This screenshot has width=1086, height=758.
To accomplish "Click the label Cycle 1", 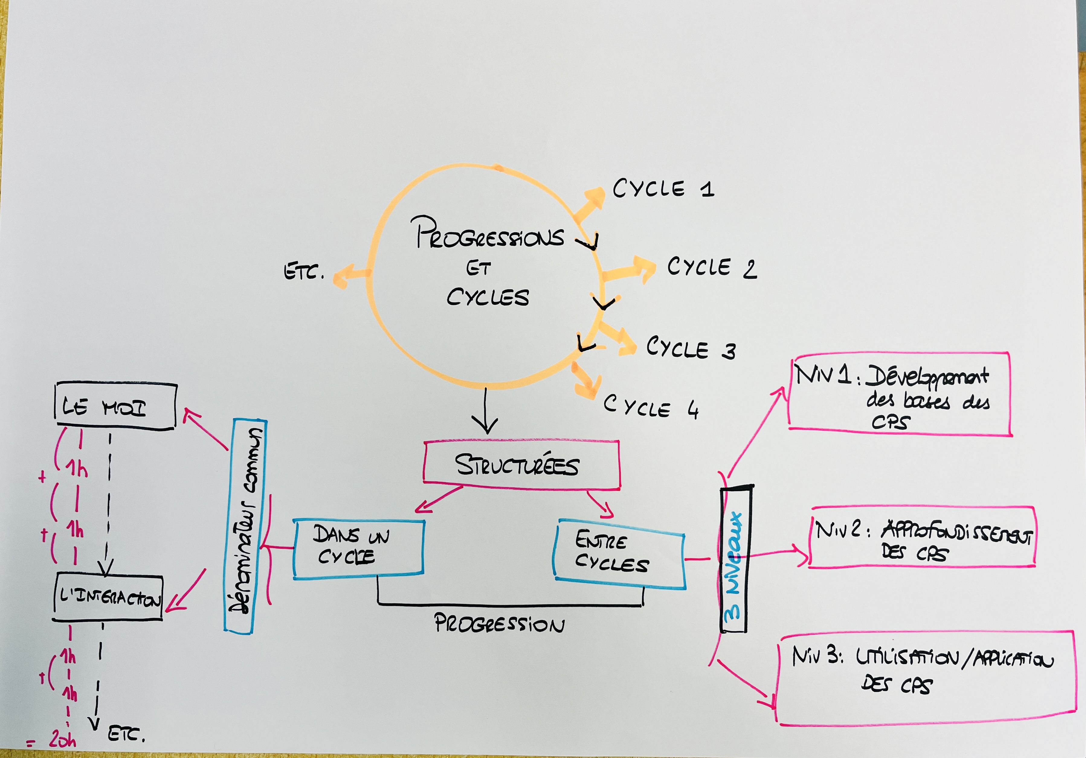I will click(663, 189).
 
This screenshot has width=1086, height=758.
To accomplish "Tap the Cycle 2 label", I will click(711, 268).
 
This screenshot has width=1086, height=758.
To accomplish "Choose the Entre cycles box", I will click(619, 554).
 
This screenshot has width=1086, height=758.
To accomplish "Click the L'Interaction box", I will click(108, 598).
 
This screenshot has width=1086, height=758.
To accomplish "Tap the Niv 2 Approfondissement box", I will click(922, 537).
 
